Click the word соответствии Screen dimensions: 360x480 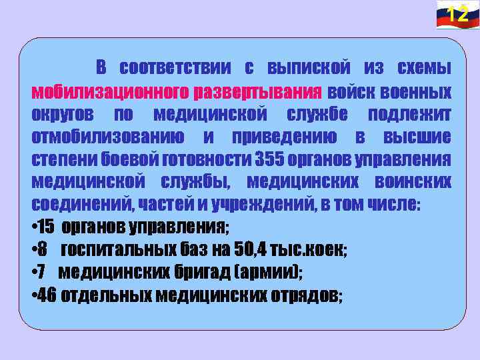[175, 68]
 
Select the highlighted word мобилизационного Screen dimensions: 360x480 [109, 91]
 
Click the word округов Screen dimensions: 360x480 [62, 114]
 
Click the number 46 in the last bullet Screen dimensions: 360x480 [47, 295]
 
